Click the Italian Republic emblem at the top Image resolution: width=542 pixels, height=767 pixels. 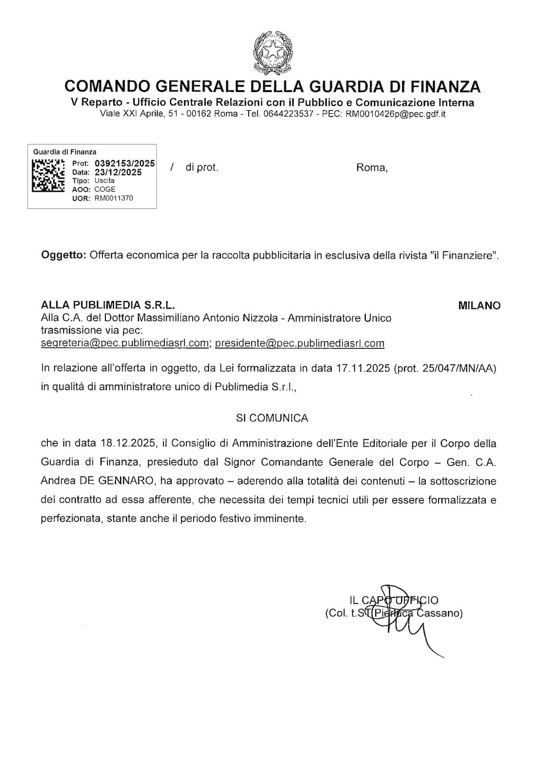(273, 52)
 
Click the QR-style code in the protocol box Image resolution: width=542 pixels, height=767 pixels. (48, 175)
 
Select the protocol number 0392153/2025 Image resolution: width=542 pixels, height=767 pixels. (125, 163)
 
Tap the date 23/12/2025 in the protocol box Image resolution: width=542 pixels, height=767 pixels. (118, 172)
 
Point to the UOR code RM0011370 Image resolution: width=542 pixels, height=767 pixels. (114, 198)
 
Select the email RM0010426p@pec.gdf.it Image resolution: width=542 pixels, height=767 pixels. (395, 114)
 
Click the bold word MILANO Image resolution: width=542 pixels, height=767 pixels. (479, 305)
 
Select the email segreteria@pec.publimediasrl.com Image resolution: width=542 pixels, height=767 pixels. (125, 343)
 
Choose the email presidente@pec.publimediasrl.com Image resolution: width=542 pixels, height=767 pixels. (300, 343)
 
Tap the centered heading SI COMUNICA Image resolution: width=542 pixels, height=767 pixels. (272, 418)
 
